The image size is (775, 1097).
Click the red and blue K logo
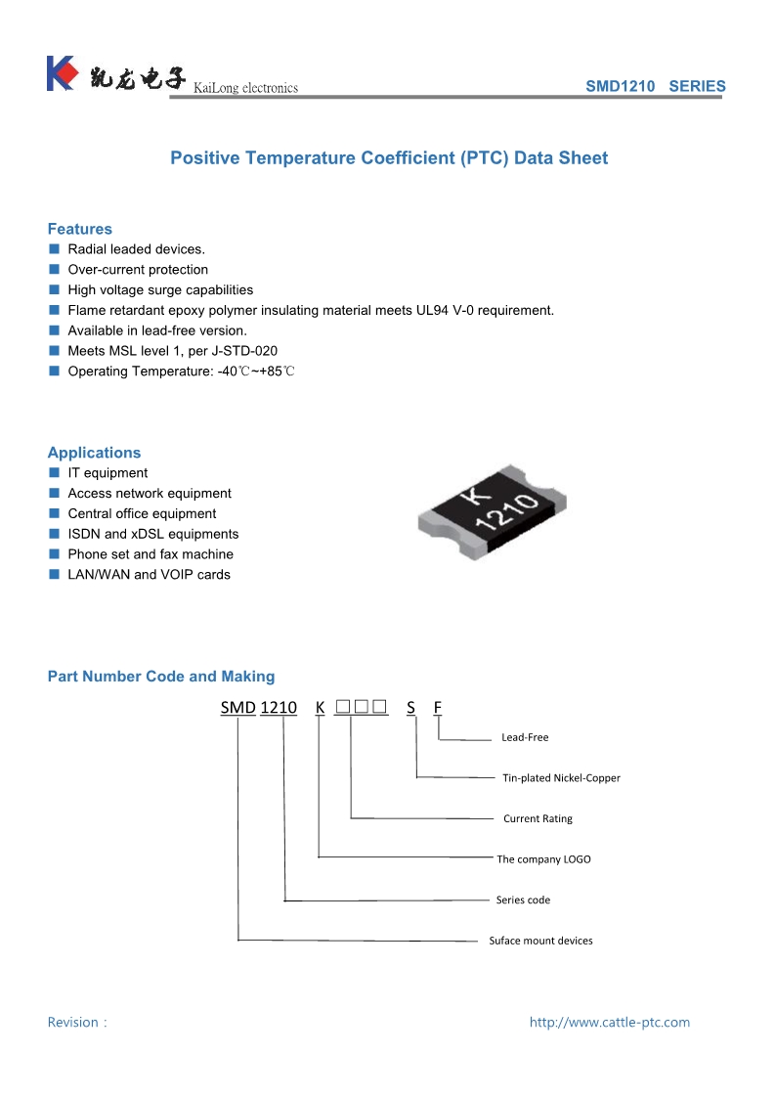(x=61, y=73)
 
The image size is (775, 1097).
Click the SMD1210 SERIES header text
(x=655, y=86)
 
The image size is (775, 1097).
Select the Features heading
(x=80, y=229)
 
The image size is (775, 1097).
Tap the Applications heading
(x=94, y=453)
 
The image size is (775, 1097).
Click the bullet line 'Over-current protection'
(x=138, y=270)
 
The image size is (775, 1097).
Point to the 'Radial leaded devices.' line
(x=136, y=249)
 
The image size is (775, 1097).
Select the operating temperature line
(x=181, y=372)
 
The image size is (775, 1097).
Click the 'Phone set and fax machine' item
(x=151, y=554)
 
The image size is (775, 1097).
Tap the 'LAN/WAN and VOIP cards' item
(x=149, y=575)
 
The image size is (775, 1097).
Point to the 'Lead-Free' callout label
(x=525, y=737)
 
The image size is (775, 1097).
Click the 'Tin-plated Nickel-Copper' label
(x=561, y=778)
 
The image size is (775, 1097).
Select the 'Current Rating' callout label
(x=538, y=818)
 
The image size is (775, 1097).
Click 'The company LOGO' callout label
(x=543, y=859)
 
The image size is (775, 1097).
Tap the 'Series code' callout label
(x=523, y=900)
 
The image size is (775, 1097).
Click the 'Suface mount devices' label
(x=540, y=941)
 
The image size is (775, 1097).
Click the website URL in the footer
(x=609, y=1023)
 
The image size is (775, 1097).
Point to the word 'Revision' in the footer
(x=73, y=1023)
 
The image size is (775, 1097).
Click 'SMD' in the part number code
(x=237, y=708)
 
